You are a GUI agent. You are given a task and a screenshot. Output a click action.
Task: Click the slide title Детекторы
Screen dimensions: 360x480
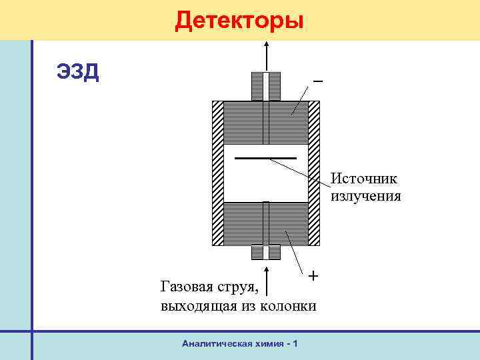[x=239, y=21]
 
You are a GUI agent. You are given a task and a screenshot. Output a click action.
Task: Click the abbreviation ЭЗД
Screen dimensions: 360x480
[x=78, y=71]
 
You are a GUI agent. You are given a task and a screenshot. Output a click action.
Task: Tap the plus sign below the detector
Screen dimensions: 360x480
[x=313, y=275]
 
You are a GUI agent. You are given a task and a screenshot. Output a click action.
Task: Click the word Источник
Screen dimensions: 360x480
[x=364, y=179]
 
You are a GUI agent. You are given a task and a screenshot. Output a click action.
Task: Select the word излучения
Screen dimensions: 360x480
[x=366, y=196]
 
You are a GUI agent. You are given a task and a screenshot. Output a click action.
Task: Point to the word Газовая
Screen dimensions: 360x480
[x=186, y=287]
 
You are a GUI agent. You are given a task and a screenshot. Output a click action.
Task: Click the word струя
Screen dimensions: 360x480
[x=237, y=288]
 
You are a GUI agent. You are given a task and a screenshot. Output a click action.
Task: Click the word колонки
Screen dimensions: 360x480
[x=288, y=306]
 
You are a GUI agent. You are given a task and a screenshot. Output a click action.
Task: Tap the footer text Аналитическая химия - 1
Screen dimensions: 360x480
[x=239, y=343]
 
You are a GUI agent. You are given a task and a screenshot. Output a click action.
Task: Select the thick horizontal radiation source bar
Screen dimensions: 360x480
[x=265, y=159]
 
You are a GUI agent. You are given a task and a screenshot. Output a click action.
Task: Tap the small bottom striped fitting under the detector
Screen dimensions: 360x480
[x=266, y=253]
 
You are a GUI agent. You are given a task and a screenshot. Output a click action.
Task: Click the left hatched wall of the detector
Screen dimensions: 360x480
[x=217, y=173]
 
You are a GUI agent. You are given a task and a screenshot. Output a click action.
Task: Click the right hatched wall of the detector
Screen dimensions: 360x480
[x=315, y=173]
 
